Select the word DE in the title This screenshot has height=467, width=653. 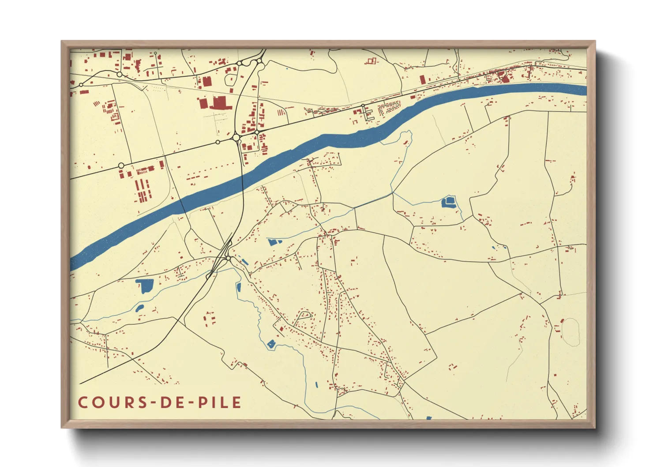tap(169, 403)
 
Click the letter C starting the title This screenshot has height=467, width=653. tap(83, 403)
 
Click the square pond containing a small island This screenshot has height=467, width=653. tap(448, 202)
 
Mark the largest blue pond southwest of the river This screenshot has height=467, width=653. tap(145, 286)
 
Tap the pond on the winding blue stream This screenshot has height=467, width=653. tap(271, 344)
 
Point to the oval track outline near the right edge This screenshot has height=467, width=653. tap(570, 331)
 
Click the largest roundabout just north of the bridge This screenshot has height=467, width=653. tap(236, 138)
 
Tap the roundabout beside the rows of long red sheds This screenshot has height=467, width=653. tap(121, 166)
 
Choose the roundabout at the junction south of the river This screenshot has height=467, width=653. tap(228, 258)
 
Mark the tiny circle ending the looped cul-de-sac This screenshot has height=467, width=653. tap(311, 316)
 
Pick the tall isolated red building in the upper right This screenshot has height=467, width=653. tap(422, 79)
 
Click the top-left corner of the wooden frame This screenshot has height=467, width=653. tap(62, 41)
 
